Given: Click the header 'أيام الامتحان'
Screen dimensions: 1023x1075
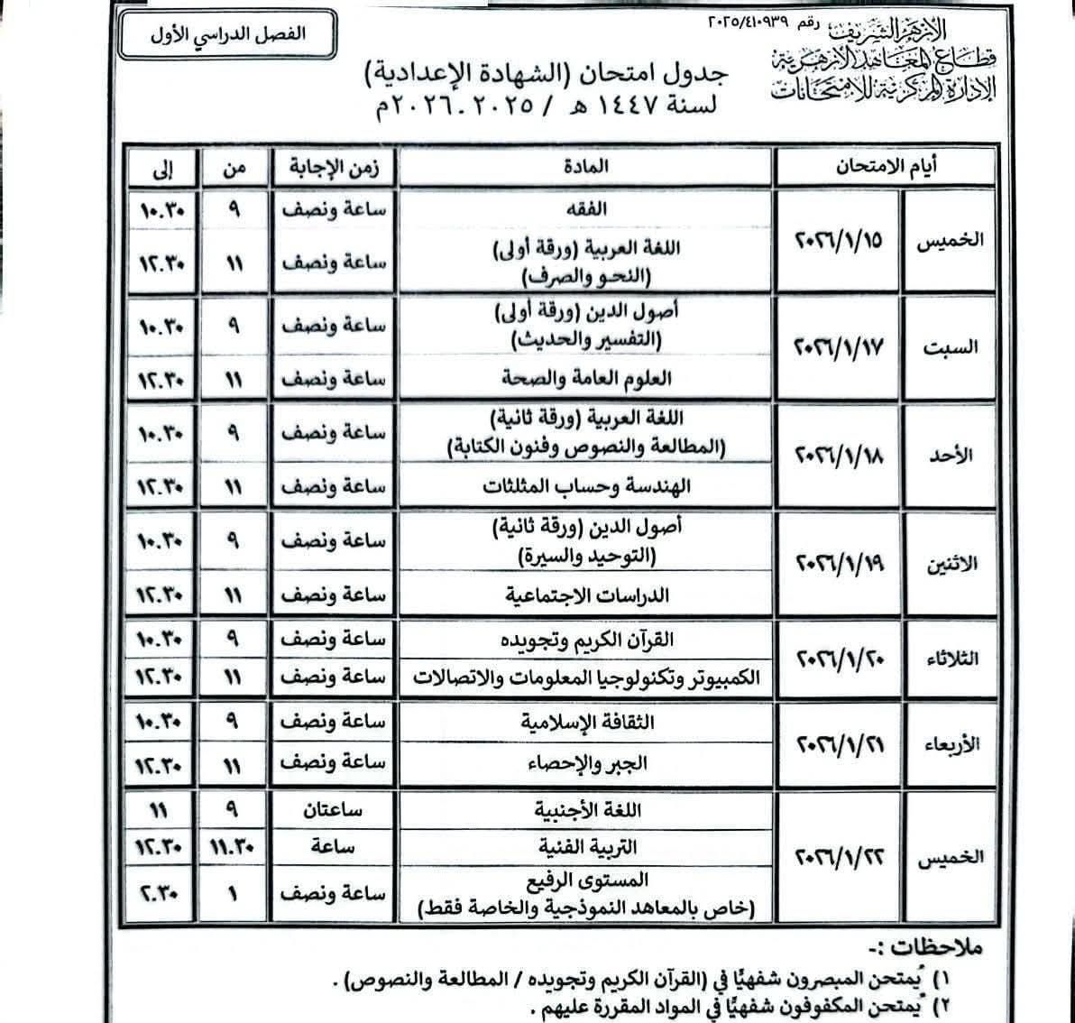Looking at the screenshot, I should tap(884, 168).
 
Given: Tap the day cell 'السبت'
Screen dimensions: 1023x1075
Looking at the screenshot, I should tap(949, 347).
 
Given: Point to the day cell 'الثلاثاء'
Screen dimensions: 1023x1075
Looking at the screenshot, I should tap(949, 659).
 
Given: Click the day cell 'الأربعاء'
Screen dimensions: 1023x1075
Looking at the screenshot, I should tap(949, 743).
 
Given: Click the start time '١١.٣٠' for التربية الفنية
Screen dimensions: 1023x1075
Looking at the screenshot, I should tap(234, 847).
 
